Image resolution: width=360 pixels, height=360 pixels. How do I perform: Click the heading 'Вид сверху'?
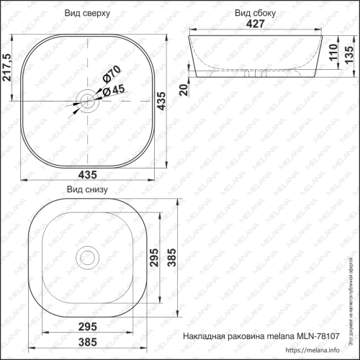[87, 13]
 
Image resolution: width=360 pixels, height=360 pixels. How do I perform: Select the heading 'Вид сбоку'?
[253, 13]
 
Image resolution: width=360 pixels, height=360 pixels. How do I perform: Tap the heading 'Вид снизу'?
[87, 190]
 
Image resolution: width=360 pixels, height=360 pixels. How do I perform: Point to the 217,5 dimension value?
[8, 69]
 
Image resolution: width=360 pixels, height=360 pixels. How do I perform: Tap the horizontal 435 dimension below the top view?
[87, 174]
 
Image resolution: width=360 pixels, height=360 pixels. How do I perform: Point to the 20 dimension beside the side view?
[184, 89]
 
